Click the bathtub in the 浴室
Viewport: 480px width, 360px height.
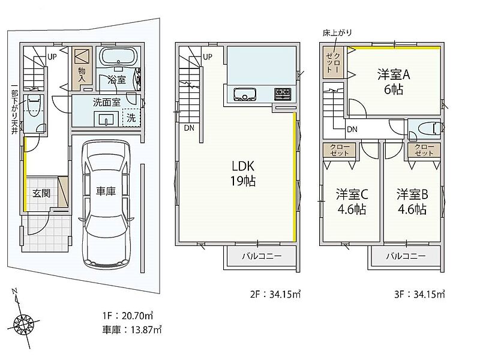[x=118, y=56]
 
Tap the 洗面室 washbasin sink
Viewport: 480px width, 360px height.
[x=106, y=118]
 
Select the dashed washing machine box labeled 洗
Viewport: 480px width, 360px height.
[x=131, y=117]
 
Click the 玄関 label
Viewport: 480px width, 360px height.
[x=41, y=193]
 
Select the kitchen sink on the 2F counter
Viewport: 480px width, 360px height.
[x=245, y=94]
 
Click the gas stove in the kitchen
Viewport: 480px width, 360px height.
[x=283, y=94]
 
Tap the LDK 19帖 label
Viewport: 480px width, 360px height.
[x=243, y=173]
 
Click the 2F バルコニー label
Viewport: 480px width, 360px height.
[x=262, y=256]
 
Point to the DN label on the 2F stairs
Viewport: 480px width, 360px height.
[x=189, y=128]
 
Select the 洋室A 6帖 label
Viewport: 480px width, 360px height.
[x=394, y=82]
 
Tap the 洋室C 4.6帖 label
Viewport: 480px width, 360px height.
[x=352, y=202]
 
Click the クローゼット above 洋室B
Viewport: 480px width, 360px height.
[x=424, y=149]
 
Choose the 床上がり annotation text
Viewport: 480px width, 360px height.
[x=337, y=32]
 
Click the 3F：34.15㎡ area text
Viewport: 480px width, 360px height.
[x=419, y=294]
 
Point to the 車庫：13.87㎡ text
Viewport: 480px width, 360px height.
[x=132, y=329]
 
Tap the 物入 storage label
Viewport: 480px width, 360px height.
[x=82, y=75]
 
